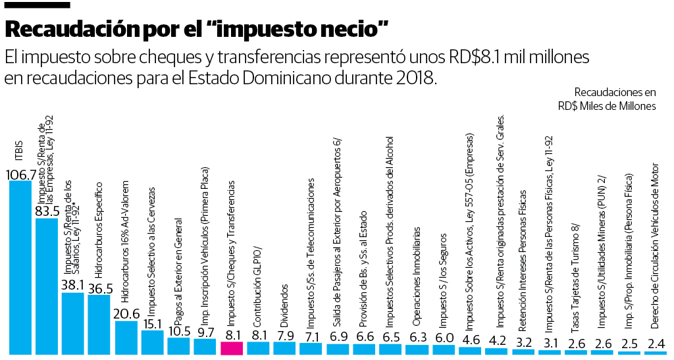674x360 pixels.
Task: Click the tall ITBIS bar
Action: pyautogui.click(x=20, y=267)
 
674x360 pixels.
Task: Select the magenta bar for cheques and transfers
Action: pyautogui.click(x=232, y=349)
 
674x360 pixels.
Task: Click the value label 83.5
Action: pyautogui.click(x=47, y=211)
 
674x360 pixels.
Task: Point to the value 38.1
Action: pyautogui.click(x=72, y=286)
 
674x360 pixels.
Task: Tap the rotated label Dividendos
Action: pyautogui.click(x=284, y=306)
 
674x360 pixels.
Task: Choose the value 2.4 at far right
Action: pyautogui.click(x=656, y=343)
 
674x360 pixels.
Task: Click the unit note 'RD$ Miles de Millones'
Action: pyautogui.click(x=606, y=106)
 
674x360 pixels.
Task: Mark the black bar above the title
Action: pyautogui.click(x=37, y=5)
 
